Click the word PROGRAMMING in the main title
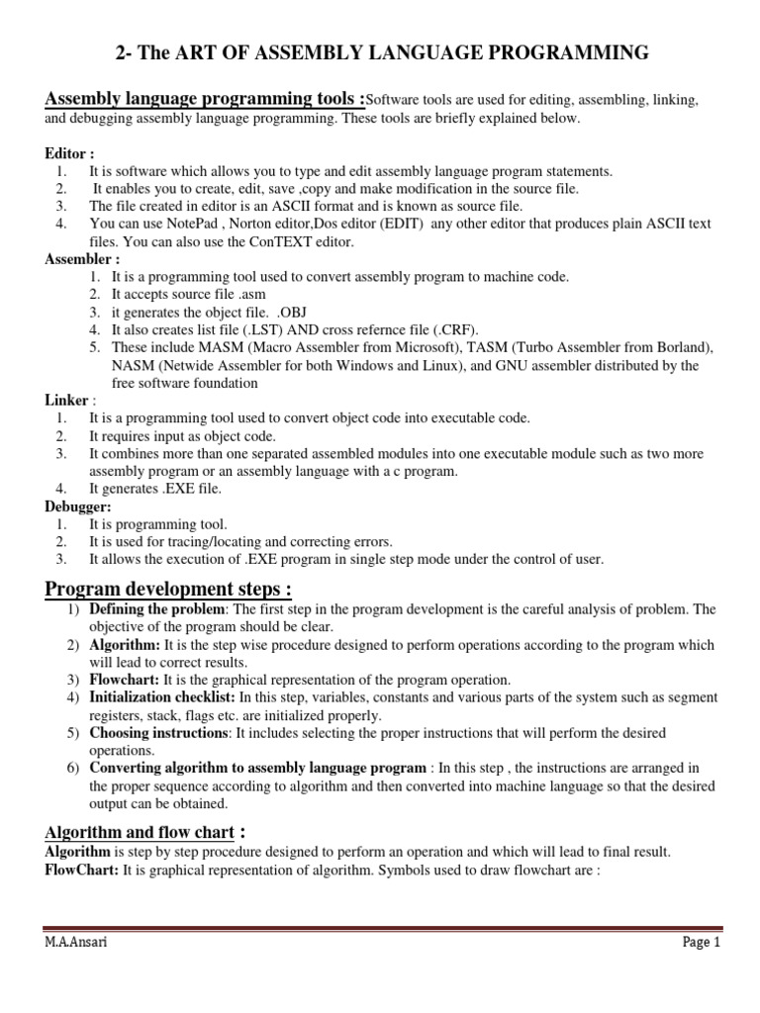coord(567,52)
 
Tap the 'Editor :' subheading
coord(69,154)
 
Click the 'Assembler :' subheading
coord(81,259)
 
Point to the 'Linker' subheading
coord(66,401)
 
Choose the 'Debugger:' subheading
coord(77,506)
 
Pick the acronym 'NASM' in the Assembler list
coord(133,366)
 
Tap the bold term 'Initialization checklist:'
coord(161,697)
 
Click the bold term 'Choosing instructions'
coord(159,733)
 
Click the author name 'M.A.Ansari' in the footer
coord(76,943)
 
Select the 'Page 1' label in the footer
coord(703,943)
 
